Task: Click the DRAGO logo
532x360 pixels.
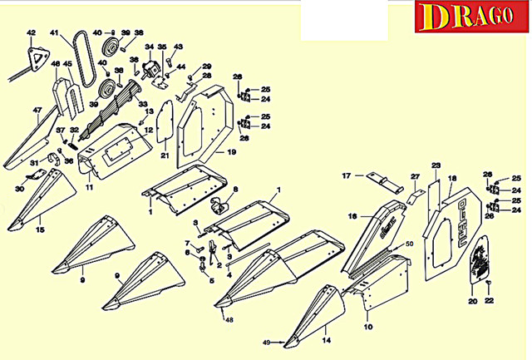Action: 470,17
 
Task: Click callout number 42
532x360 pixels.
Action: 32,33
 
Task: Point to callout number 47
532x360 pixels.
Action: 37,110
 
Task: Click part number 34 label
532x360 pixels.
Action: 150,47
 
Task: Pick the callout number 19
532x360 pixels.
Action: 232,153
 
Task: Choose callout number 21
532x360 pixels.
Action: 165,155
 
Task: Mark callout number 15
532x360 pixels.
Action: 40,229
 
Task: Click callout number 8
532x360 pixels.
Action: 235,190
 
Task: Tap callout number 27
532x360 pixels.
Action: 415,176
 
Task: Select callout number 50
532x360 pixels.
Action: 408,244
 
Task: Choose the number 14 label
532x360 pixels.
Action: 327,340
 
